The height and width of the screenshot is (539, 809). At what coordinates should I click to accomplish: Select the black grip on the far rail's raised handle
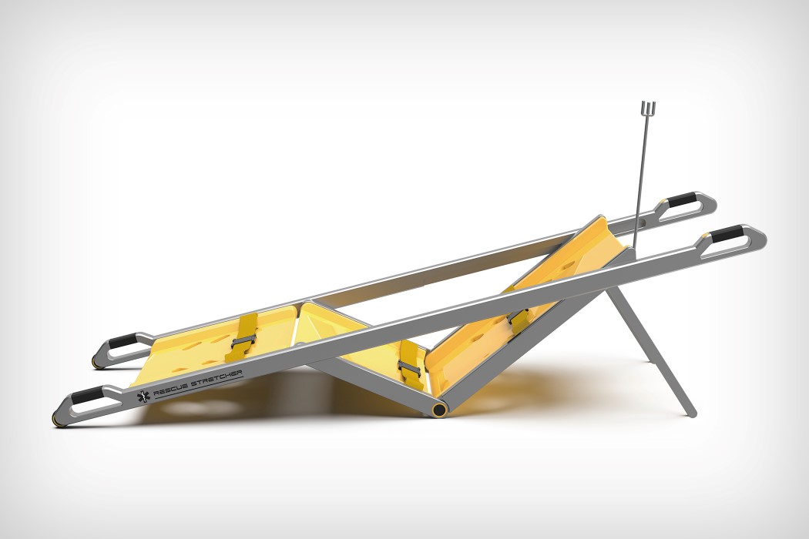tap(680, 199)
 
